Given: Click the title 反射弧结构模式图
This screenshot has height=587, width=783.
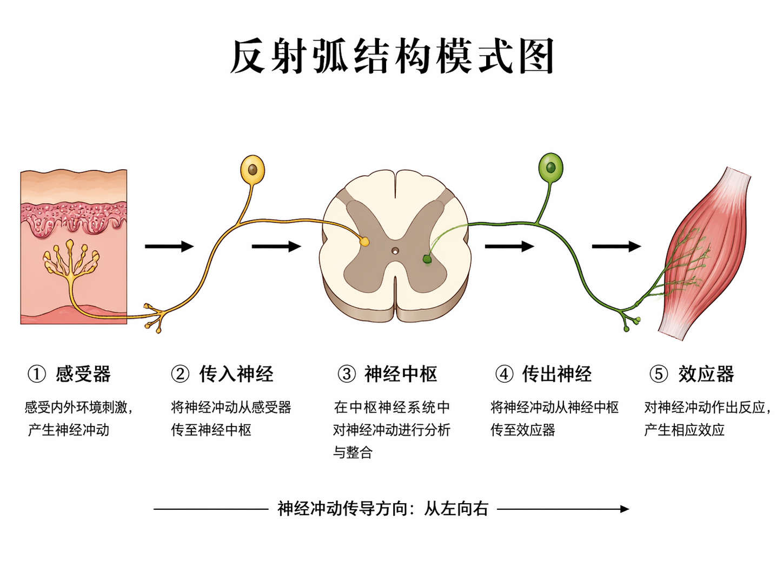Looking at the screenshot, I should pyautogui.click(x=391, y=57).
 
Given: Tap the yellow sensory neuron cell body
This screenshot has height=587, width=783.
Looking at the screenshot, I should pyautogui.click(x=252, y=169).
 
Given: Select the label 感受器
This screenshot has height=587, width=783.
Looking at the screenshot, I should pyautogui.click(x=83, y=374).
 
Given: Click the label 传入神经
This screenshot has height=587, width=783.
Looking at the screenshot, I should pyautogui.click(x=236, y=374).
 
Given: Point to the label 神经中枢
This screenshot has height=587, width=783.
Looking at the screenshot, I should pyautogui.click(x=401, y=374).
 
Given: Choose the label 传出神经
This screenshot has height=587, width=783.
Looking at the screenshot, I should pyautogui.click(x=556, y=374).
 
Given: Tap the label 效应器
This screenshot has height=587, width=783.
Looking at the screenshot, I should pyautogui.click(x=706, y=374).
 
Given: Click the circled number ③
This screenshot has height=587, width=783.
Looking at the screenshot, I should pyautogui.click(x=347, y=374).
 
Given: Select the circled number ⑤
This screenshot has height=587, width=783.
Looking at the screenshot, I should pyautogui.click(x=658, y=374).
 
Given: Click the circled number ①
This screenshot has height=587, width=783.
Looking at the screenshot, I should pyautogui.click(x=37, y=374).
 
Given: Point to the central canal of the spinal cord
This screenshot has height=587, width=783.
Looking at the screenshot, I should pyautogui.click(x=395, y=251).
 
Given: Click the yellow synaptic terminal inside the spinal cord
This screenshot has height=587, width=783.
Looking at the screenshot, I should pyautogui.click(x=365, y=242).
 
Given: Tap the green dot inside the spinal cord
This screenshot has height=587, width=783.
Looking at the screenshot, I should pyautogui.click(x=427, y=259).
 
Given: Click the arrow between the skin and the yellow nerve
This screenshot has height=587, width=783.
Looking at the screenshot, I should pyautogui.click(x=169, y=246).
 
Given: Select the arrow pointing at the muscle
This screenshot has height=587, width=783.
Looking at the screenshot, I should pyautogui.click(x=616, y=246).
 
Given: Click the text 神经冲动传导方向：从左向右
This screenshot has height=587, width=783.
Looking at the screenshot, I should pyautogui.click(x=383, y=509).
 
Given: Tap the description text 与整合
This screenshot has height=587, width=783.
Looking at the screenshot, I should pyautogui.click(x=353, y=452).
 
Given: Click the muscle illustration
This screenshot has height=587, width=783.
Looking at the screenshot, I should pyautogui.click(x=706, y=254).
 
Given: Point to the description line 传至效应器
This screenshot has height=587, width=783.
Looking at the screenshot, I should pyautogui.click(x=522, y=430).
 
